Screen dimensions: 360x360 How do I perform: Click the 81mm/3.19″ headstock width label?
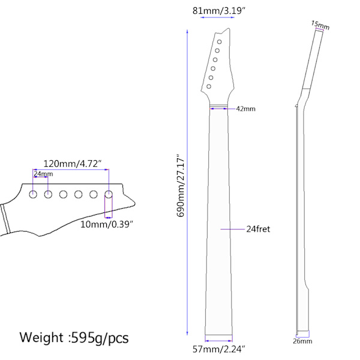219,11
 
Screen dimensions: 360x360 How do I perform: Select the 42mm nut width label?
245,109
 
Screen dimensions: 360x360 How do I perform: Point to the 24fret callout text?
258,229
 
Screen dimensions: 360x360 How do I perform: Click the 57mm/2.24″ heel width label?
219,349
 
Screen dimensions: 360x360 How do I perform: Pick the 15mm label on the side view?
320,25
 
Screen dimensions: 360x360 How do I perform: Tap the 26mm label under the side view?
302,341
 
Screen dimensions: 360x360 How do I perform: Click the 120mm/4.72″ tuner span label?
73,164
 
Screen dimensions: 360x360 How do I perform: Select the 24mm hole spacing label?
43,174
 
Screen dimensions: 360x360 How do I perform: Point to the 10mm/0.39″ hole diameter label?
107,224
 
